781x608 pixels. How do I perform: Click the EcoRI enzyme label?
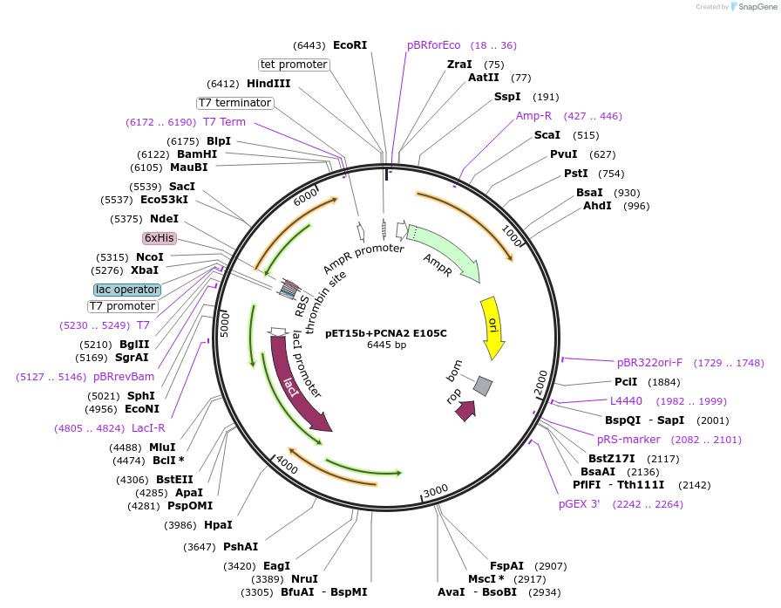click(350, 45)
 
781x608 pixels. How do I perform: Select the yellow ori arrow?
click(492, 327)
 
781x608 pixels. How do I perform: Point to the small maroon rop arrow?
click(465, 410)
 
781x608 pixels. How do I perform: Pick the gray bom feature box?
click(483, 385)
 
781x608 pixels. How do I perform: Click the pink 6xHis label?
click(160, 238)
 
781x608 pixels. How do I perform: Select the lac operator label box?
click(127, 290)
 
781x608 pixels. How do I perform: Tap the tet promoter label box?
click(294, 65)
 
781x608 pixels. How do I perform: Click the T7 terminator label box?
click(235, 103)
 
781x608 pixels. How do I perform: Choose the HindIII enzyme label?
click(268, 84)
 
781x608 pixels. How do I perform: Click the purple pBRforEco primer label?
click(433, 45)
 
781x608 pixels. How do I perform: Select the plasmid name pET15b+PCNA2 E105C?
click(386, 333)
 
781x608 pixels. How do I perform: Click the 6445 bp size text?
click(386, 345)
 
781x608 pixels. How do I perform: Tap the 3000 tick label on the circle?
click(434, 490)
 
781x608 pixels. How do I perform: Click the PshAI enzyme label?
click(241, 547)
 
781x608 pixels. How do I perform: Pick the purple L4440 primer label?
click(626, 400)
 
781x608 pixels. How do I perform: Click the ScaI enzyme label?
click(547, 135)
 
